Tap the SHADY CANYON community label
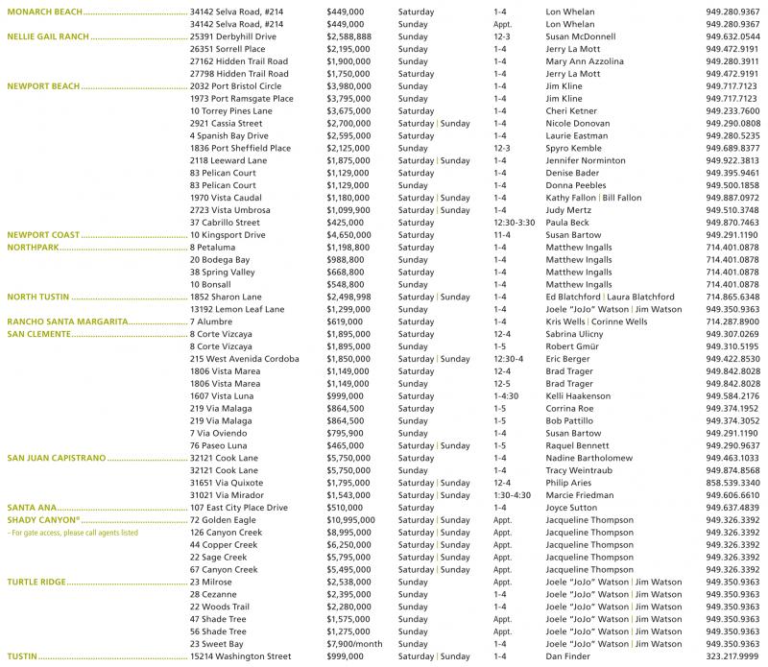[x=39, y=519]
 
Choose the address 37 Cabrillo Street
[x=225, y=222]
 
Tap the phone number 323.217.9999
[x=732, y=656]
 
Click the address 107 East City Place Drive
[x=239, y=507]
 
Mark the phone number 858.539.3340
[x=732, y=482]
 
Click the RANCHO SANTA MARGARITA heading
[x=68, y=322]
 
